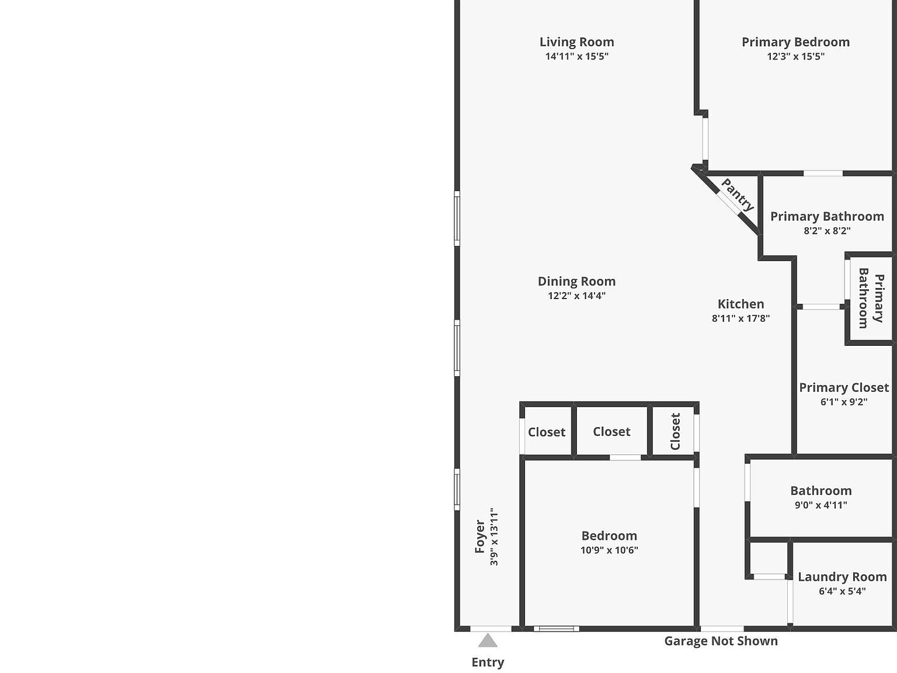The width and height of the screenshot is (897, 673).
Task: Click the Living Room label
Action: [576, 42]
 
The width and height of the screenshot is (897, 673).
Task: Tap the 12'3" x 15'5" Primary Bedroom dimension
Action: [795, 57]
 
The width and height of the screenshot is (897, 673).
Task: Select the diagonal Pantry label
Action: [737, 195]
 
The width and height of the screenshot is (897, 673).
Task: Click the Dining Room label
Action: [576, 282]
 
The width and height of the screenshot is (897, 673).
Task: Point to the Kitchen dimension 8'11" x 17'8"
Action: [740, 318]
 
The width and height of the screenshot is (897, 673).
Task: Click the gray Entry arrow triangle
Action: [488, 641]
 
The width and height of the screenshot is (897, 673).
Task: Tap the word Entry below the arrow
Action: [488, 662]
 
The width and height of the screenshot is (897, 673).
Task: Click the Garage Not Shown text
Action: [721, 641]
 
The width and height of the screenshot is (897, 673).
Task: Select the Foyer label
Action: [480, 536]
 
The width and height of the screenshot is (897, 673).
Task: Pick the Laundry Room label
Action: [842, 577]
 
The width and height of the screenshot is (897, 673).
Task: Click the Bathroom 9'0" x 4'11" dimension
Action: [820, 505]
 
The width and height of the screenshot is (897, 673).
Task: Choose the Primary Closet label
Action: [843, 387]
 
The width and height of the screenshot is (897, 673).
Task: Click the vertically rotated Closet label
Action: [675, 432]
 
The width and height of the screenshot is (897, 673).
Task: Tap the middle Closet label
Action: [611, 432]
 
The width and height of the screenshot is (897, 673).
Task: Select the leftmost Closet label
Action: [547, 432]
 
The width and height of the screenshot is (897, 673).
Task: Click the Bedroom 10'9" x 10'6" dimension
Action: [609, 550]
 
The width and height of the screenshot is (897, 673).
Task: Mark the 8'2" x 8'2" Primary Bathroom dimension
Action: [827, 231]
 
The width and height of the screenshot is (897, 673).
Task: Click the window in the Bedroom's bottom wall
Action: [557, 629]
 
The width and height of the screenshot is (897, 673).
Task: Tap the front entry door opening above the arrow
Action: [491, 629]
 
